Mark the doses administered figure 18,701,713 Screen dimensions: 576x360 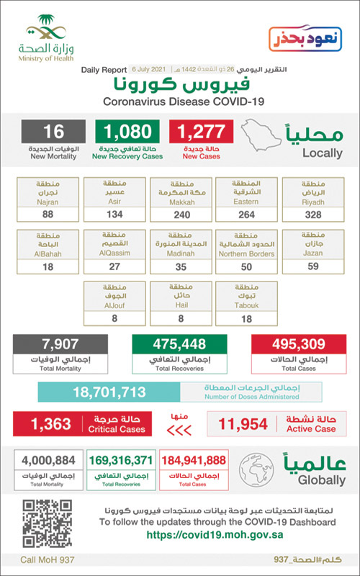coord(109,392)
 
